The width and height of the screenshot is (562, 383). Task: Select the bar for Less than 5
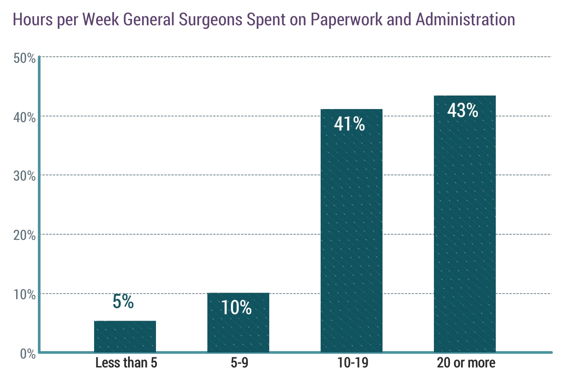click(125, 336)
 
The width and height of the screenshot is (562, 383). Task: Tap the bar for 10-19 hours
click(351, 236)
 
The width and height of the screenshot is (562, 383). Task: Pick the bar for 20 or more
click(464, 231)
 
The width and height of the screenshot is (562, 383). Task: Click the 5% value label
click(123, 302)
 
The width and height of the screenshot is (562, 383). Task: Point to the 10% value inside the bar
click(236, 308)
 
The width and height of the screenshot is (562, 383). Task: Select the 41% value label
click(349, 124)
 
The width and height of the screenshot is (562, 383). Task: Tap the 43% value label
click(463, 111)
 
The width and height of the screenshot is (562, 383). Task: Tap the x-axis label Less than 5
click(126, 363)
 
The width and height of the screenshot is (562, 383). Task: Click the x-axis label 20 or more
click(466, 363)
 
